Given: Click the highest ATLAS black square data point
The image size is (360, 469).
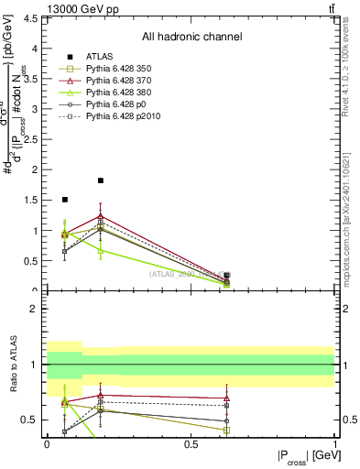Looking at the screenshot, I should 101,180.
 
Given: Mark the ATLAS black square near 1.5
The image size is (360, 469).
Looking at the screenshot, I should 64,199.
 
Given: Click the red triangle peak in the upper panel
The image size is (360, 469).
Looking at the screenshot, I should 101,216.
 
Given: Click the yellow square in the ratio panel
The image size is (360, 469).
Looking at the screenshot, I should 226,430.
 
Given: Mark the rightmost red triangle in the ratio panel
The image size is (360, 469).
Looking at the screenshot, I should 226,398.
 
